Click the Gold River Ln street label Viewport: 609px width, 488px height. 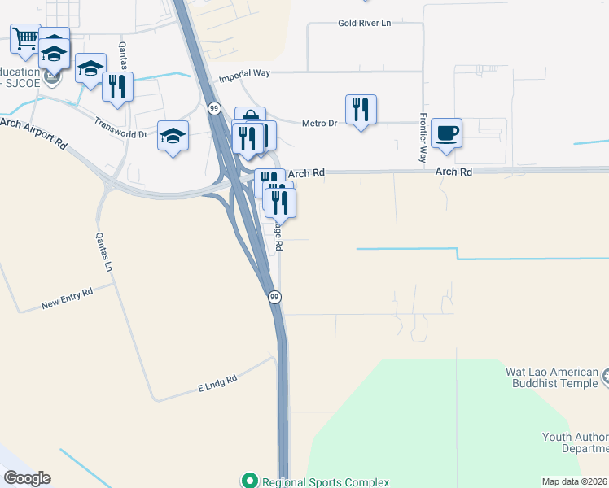(365, 23)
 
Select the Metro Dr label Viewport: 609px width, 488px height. (319, 124)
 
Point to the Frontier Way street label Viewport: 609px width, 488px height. (423, 137)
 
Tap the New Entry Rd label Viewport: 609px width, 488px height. (68, 298)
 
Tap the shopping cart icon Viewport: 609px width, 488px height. (25, 37)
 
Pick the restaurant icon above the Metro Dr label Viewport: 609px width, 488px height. (361, 108)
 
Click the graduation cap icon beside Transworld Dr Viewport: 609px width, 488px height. (173, 134)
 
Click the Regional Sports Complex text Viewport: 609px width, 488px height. (314, 481)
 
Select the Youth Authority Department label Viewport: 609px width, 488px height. (575, 442)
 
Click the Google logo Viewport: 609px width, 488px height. (27, 478)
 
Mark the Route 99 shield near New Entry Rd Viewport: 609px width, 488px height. (275, 298)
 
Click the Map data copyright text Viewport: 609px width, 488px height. (574, 481)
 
